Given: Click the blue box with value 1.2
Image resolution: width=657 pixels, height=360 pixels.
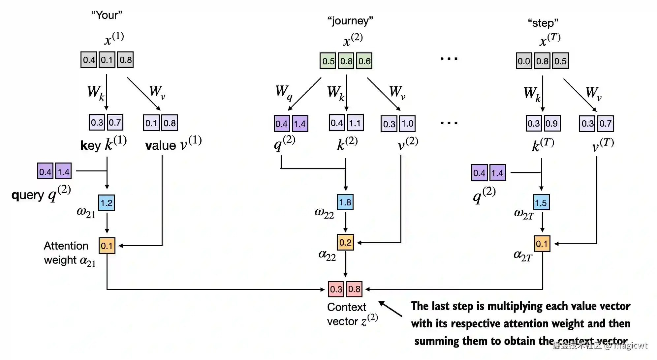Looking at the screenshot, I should click(106, 203).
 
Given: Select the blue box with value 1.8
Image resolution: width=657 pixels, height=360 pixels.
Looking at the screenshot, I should click(345, 202).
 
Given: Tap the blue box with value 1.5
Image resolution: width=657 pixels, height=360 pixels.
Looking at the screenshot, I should click(541, 202).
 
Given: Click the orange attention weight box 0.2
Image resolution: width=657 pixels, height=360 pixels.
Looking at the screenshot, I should click(345, 243).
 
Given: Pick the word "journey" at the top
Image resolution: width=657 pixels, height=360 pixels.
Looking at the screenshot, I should click(350, 21).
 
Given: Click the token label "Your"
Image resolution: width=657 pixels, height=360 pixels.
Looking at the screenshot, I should click(107, 15).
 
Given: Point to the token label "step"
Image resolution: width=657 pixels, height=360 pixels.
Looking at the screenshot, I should click(543, 23).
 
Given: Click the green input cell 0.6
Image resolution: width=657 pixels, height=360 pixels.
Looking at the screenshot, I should click(364, 61).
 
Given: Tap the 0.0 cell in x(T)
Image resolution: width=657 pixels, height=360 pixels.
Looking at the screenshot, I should click(524, 61).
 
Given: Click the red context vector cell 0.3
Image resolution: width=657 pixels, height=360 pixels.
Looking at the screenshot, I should click(336, 289).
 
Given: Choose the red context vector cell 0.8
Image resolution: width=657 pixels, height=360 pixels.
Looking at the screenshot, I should click(354, 289).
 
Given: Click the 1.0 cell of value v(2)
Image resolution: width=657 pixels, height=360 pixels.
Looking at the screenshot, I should click(407, 124).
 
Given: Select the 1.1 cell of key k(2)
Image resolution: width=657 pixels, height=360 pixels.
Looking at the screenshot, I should click(355, 123).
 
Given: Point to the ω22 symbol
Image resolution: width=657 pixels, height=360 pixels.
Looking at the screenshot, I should click(324, 213).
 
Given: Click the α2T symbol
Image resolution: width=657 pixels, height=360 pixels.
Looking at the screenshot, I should click(523, 255).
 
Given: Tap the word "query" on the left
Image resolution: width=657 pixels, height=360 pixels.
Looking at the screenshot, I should click(28, 195).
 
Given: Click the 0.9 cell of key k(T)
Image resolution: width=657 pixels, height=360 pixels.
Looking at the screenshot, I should click(551, 123).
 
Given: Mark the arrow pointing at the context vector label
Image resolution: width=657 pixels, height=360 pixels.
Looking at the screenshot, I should click(390, 309).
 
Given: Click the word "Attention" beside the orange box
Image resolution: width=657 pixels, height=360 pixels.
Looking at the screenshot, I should click(66, 246).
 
